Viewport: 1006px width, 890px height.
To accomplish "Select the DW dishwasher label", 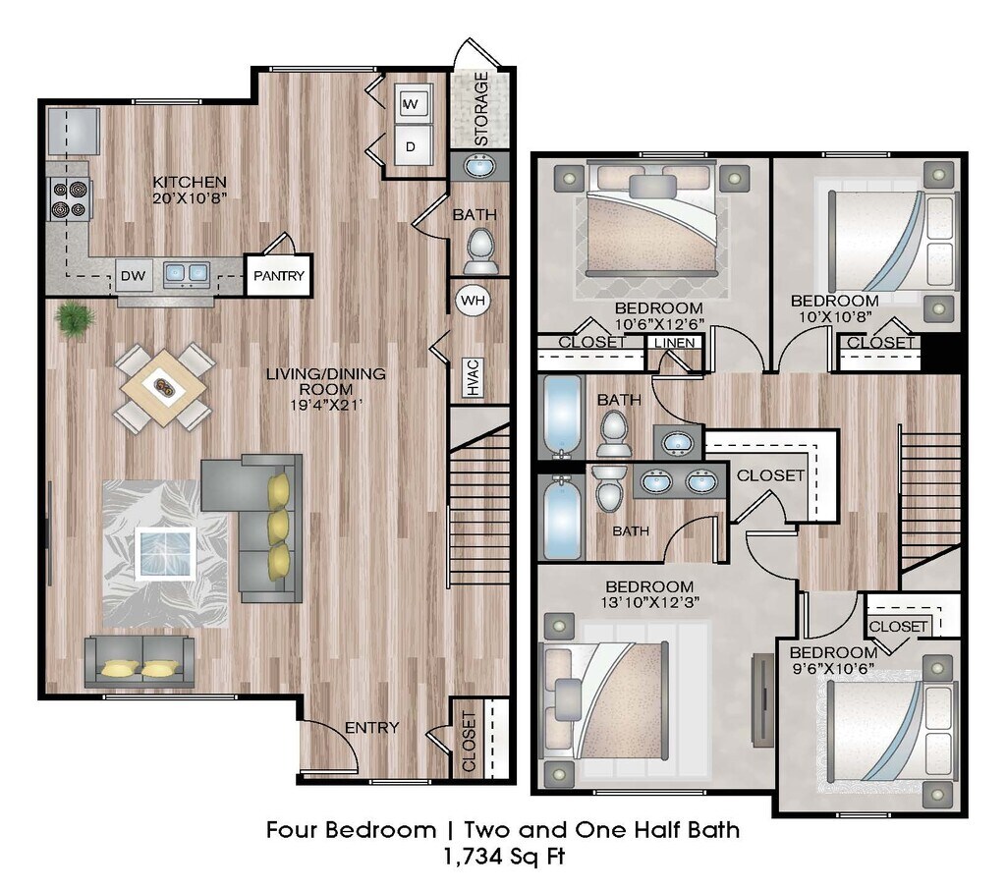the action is point(134,275).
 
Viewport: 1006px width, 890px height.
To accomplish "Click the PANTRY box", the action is point(278,275).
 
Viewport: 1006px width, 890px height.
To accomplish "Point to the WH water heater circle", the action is point(474,300).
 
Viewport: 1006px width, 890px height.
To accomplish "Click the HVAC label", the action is point(473,377).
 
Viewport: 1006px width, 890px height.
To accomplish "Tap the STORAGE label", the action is point(481,108).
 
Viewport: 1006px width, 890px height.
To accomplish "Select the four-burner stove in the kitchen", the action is point(70,198).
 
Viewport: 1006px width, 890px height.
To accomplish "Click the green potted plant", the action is point(75,319).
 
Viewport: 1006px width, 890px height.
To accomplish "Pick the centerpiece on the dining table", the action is point(164,387).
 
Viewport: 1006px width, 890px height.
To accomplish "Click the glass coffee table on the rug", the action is point(165,554).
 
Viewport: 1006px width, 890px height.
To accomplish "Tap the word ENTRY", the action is point(372,727).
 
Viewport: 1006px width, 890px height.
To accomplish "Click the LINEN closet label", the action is point(675,343).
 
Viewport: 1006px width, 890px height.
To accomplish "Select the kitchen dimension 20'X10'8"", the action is point(190,197).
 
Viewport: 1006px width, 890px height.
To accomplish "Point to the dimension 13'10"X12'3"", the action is point(650,602).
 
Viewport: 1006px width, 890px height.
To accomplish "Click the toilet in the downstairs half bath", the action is point(480,251).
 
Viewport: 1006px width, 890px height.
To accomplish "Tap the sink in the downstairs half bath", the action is point(478,166).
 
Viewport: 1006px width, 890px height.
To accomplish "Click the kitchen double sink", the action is point(186,273).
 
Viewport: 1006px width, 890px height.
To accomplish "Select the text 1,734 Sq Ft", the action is point(504,857).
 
